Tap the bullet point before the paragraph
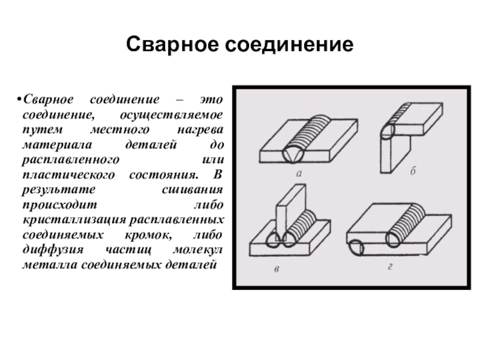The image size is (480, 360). pyautogui.click(x=19, y=98)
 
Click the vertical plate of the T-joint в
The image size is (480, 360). pyautogui.click(x=285, y=207)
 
